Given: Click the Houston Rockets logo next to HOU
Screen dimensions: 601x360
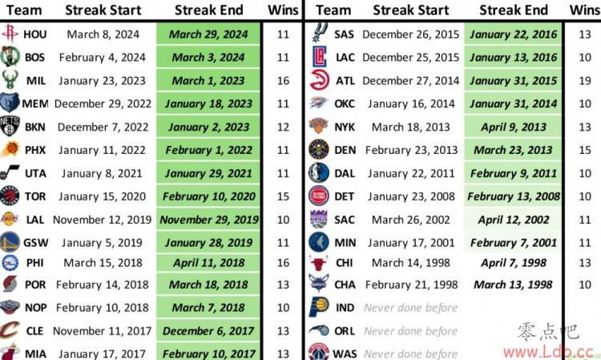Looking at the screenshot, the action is click(x=10, y=34).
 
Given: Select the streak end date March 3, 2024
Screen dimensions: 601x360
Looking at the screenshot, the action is click(x=208, y=58).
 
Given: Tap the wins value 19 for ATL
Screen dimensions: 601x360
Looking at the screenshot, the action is click(x=585, y=81).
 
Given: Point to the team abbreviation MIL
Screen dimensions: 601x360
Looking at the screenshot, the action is click(x=35, y=81).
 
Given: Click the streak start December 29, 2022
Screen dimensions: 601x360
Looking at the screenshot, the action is click(x=103, y=104).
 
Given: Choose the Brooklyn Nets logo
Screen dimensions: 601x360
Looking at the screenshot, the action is click(x=10, y=127).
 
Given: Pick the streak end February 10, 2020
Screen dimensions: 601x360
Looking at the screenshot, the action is click(x=209, y=196).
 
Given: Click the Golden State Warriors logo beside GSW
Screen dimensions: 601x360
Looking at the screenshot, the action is click(x=10, y=242).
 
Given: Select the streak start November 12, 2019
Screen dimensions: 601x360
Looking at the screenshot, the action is click(x=103, y=220).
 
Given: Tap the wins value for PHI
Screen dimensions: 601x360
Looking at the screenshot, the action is click(x=283, y=263).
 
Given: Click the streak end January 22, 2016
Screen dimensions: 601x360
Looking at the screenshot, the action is click(x=513, y=34).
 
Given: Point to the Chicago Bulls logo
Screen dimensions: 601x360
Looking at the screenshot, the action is click(x=318, y=263).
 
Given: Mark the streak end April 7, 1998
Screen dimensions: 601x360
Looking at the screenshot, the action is click(x=514, y=263).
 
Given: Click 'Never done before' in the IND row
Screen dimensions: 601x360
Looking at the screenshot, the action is click(x=410, y=308).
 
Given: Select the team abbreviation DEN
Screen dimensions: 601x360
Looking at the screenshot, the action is click(x=345, y=150).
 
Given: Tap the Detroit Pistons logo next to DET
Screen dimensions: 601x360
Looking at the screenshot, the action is click(x=318, y=196).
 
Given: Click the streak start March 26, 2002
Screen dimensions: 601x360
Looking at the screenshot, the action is click(x=410, y=220).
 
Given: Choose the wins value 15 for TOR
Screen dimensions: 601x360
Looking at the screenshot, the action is click(x=283, y=196).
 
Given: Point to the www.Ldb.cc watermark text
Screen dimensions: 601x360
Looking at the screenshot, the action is click(x=548, y=351).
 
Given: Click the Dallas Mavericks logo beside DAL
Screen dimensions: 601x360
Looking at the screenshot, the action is click(x=318, y=173).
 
